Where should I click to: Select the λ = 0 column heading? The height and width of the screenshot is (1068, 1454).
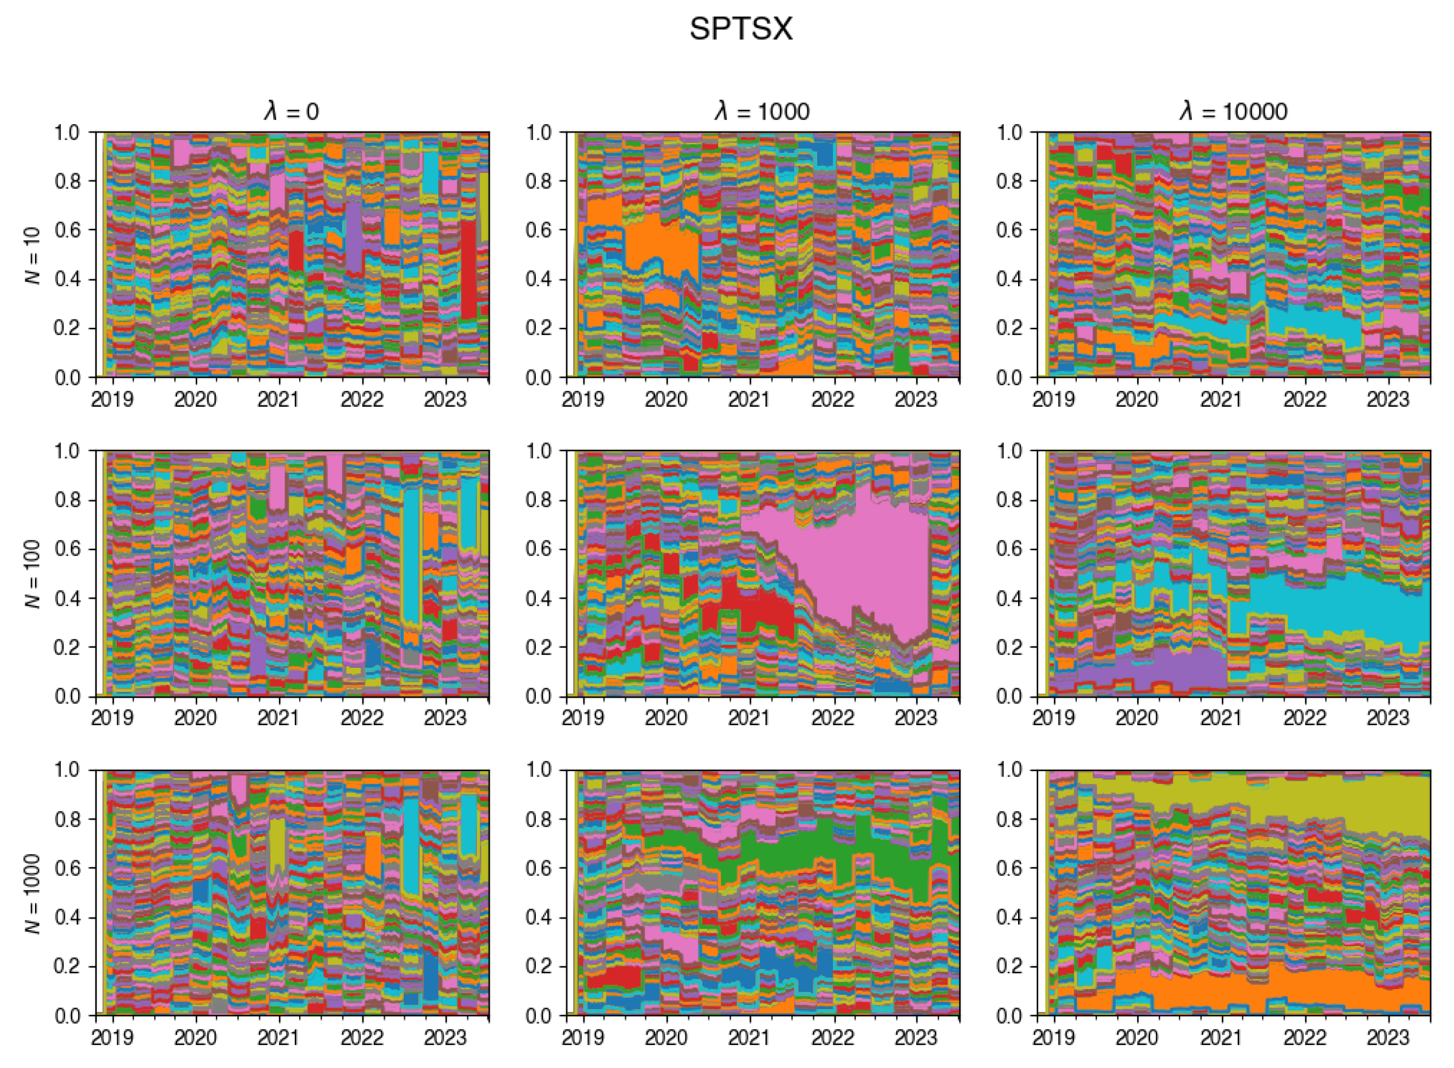tap(292, 112)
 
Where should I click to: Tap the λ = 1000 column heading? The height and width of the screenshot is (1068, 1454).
tap(762, 112)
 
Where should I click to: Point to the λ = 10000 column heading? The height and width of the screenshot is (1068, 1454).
tap(1233, 112)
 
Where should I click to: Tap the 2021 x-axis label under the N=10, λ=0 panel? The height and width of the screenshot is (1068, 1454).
tap(278, 400)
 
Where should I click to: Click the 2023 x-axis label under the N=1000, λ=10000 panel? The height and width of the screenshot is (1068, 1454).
tap(1387, 1038)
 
